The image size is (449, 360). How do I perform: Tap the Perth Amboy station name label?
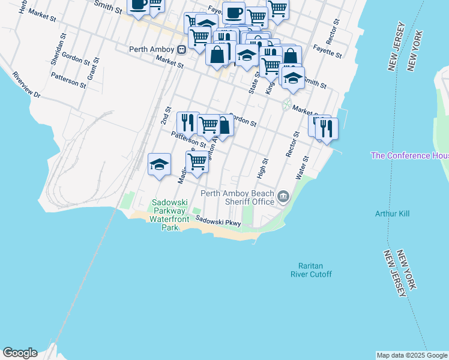coord(152,50)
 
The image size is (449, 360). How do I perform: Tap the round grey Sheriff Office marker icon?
coord(284,196)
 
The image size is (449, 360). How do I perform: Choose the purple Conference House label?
coord(409,155)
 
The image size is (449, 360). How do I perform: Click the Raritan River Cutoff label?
coord(315,270)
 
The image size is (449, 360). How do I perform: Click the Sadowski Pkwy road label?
coord(217,222)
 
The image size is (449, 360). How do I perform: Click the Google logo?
coord(20,353)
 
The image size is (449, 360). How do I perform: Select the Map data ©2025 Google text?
coord(412,355)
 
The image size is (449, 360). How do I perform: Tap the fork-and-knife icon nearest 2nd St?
coord(188,122)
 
